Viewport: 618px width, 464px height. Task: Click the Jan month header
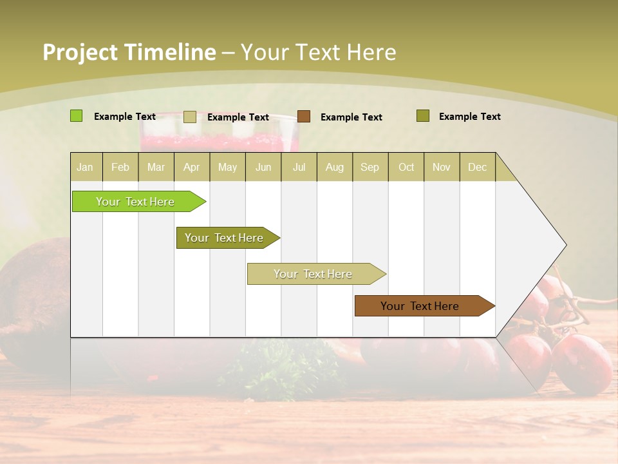coord(85,167)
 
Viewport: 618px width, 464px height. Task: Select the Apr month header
coord(191,167)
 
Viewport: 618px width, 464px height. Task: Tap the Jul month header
coord(299,167)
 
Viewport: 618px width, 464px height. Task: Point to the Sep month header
coord(370,167)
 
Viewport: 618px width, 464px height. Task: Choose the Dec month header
coord(477,167)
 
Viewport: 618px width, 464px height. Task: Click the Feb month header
coord(120,167)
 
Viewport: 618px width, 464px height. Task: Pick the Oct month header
coord(406,167)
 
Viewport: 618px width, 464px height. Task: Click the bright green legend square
coord(76,116)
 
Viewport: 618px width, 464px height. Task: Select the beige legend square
coord(189,117)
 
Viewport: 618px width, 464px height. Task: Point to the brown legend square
coord(304,117)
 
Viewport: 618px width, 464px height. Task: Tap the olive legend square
coord(422,116)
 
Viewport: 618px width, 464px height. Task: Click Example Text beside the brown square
coord(351,117)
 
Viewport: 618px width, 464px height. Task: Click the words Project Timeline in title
coord(129,52)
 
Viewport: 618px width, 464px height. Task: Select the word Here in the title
coord(371,52)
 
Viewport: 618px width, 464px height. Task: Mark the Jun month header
coord(263,167)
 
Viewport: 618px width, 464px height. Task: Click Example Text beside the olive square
coord(469,117)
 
